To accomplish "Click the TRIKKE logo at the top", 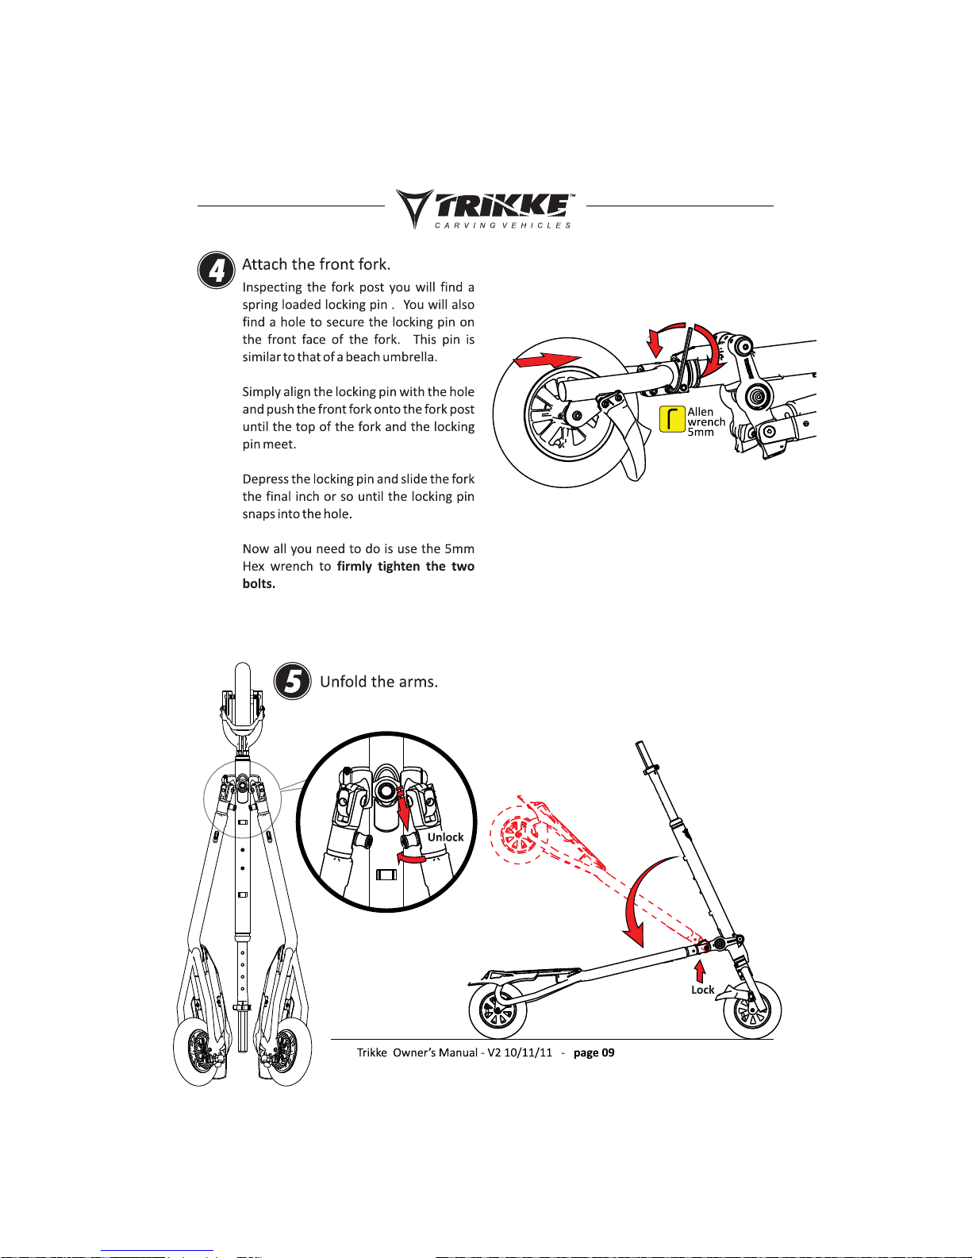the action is [485, 209].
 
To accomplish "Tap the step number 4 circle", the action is [217, 270].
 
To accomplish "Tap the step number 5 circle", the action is [292, 681].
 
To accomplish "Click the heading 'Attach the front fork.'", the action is [316, 264].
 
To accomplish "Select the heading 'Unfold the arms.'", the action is [379, 682].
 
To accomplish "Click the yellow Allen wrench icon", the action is [672, 418].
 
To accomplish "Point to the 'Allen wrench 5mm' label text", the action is [706, 421].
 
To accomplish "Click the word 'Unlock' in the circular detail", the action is [445, 837].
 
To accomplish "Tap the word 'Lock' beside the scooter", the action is [702, 990].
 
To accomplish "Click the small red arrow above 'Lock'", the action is [700, 971].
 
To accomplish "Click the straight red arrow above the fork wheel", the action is [547, 360].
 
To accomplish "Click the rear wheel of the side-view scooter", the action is [498, 1010].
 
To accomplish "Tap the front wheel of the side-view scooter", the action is [752, 1010].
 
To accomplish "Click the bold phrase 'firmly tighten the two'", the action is [405, 566].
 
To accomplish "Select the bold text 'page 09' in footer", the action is [594, 1052].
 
